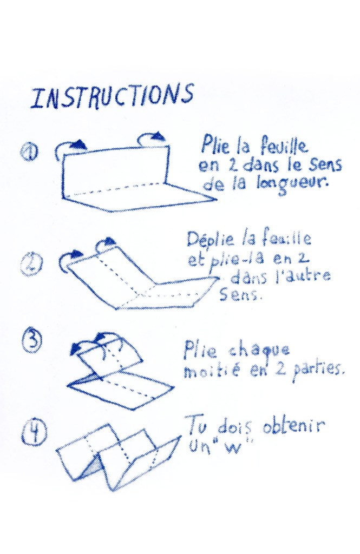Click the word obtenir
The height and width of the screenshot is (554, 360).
coord(293,426)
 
